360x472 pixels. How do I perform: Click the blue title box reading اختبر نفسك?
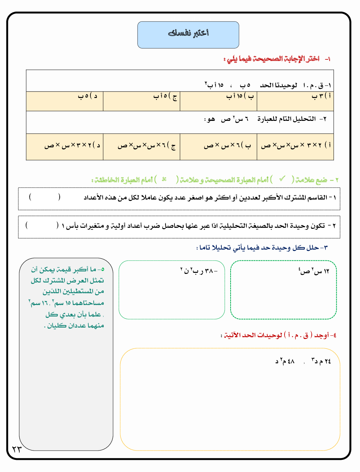pos(188,35)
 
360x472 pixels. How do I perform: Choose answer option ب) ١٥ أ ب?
pos(240,96)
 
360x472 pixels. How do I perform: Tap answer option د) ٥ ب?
pos(88,96)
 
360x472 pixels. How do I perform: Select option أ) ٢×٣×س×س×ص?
pos(296,146)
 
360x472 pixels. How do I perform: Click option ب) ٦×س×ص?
pos(227,146)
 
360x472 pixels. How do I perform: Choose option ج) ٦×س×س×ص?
pos(147,146)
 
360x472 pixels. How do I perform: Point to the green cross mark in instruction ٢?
pos(164,179)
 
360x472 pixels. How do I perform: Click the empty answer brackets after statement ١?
pos(45,197)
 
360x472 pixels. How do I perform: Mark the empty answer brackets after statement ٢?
pos(42,225)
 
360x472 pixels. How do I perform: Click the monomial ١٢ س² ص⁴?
pos(314,271)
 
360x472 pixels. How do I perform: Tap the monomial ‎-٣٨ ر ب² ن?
pos(199,271)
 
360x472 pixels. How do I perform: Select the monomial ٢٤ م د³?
pos(321,361)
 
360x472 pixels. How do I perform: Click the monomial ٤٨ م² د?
pos(285,361)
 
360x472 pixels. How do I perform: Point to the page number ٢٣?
pos(17,449)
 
